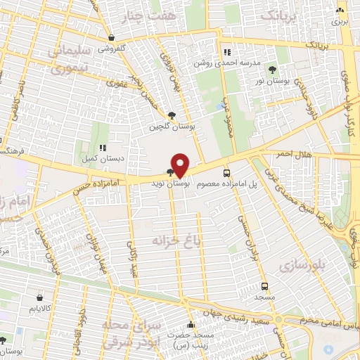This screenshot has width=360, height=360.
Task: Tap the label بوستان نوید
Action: click(167, 182)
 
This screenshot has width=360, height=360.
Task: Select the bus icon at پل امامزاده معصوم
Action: click(226, 172)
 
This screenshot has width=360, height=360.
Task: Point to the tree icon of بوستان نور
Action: click(272, 70)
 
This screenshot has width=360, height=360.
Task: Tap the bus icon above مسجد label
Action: click(264, 286)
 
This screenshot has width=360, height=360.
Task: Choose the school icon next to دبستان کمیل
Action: click(103, 148)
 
